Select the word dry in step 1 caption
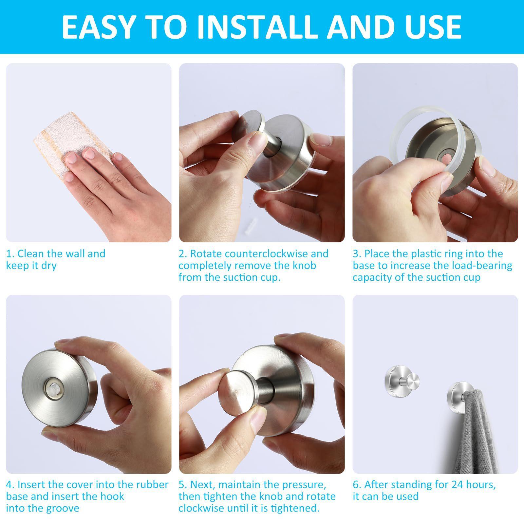[x=49, y=266]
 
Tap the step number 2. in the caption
[x=183, y=254]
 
